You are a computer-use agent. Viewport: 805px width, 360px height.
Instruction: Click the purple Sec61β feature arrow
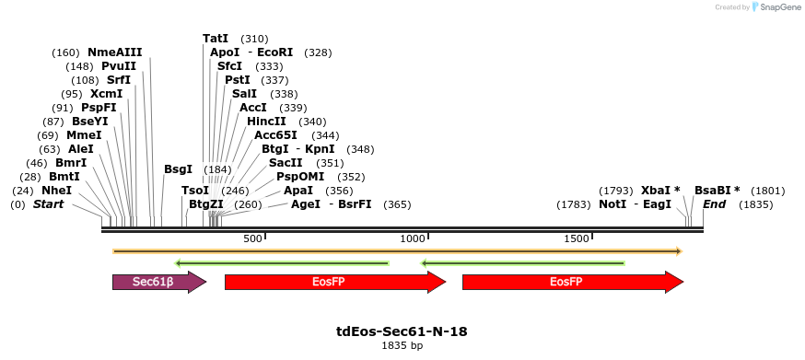pyautogui.click(x=159, y=282)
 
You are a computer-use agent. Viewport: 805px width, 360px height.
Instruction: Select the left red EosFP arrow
pyautogui.click(x=335, y=282)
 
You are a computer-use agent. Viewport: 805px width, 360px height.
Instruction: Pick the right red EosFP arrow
pyautogui.click(x=573, y=282)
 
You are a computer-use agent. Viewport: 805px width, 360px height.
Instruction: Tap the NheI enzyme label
pyautogui.click(x=56, y=191)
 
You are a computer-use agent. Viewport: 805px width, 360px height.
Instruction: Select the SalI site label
pyautogui.click(x=244, y=94)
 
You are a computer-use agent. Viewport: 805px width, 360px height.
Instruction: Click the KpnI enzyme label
pyautogui.click(x=320, y=149)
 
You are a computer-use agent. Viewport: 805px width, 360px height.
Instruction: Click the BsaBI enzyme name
pyautogui.click(x=713, y=191)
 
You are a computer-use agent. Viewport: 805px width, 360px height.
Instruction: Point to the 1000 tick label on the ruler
pyautogui.click(x=412, y=238)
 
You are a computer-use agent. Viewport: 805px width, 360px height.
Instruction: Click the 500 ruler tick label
pyautogui.click(x=252, y=238)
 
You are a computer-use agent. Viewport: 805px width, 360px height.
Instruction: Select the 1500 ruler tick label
pyautogui.click(x=576, y=238)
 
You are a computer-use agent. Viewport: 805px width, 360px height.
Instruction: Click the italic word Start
pyautogui.click(x=48, y=204)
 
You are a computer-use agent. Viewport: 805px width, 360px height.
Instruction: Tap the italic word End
pyautogui.click(x=714, y=204)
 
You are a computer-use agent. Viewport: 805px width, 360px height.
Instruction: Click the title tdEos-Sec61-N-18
pyautogui.click(x=402, y=331)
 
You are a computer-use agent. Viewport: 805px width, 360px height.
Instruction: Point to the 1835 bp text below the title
pyautogui.click(x=402, y=345)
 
